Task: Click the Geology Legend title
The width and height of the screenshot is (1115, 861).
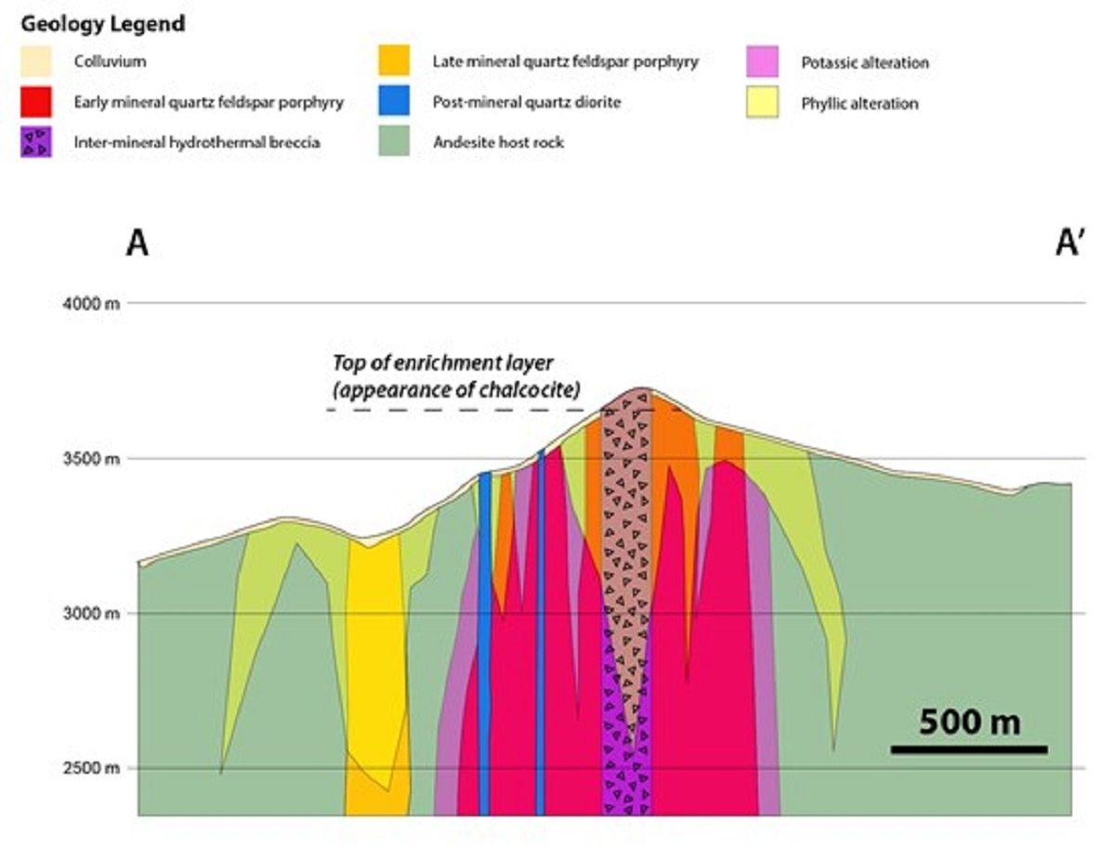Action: (x=102, y=22)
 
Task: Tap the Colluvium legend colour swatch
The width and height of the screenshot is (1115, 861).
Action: (x=36, y=63)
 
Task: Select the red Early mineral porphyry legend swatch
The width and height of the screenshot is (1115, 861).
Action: (x=36, y=102)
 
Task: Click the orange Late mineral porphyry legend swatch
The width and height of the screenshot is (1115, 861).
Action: (x=394, y=63)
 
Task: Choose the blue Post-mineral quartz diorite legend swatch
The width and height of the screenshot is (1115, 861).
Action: (x=394, y=102)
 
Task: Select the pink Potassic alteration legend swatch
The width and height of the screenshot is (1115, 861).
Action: (x=763, y=63)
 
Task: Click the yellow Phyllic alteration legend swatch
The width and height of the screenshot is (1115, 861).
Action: (x=763, y=103)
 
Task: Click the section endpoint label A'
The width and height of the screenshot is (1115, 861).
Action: (x=1069, y=244)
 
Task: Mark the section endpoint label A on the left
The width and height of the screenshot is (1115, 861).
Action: (x=137, y=244)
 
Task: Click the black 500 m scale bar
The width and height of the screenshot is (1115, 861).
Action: (x=969, y=750)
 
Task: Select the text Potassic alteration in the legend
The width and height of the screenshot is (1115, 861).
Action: (x=864, y=63)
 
